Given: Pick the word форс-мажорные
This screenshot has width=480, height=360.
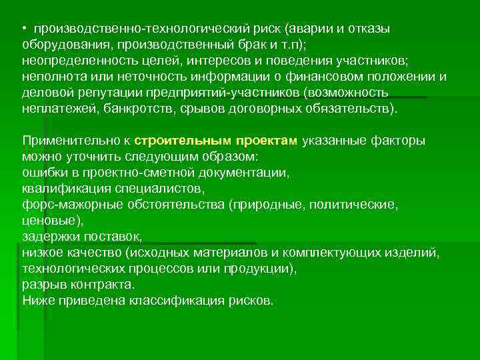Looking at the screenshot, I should pyautogui.click(x=66, y=204).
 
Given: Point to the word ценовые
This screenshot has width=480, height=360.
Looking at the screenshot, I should pyautogui.click(x=51, y=220).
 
